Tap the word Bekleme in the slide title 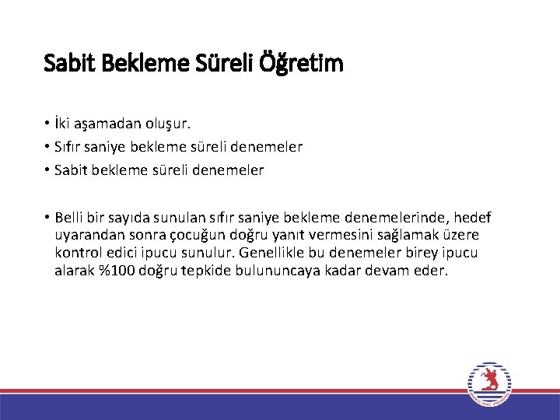coord(147,63)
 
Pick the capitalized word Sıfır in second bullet coord(69,146)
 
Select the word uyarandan coord(86,236)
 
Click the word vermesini coord(328,236)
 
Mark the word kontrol coord(76,253)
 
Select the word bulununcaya coord(289,271)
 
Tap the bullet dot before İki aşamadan coord(47,124)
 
